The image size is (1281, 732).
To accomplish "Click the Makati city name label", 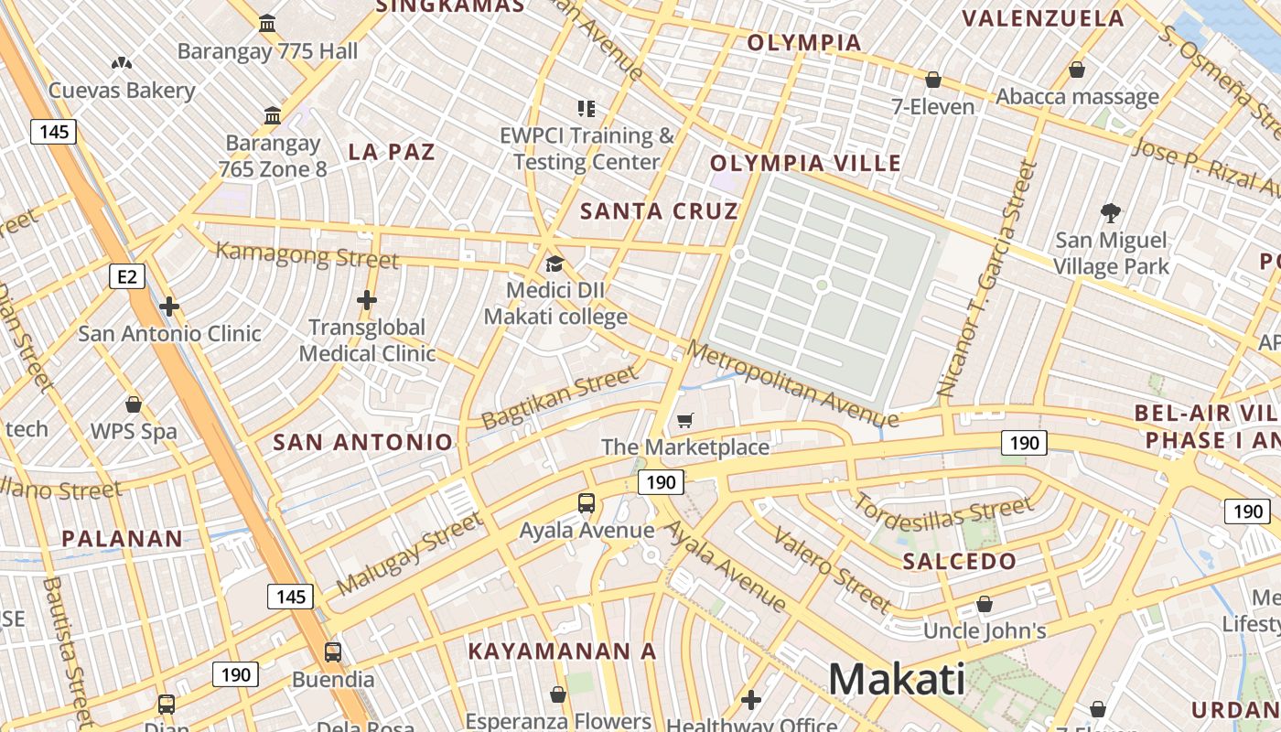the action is coord(897,679).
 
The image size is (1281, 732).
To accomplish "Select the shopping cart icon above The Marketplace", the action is coord(684,420).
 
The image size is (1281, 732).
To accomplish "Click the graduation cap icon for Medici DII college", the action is coord(554,264).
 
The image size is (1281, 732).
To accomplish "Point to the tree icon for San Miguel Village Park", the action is coord(1112,213).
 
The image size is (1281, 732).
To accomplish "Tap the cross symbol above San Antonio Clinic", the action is coord(169,307).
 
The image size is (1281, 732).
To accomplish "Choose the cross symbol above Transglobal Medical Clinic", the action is coord(367,299).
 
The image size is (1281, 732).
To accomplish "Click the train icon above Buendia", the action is coord(333,652).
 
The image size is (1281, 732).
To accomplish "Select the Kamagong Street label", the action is coord(307,254).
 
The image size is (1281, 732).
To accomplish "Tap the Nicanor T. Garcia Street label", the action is coord(988,279).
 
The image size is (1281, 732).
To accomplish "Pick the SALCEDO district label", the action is coord(959,561).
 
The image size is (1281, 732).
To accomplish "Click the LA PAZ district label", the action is coord(392,152).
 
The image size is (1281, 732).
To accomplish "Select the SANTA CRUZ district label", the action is coord(659,211).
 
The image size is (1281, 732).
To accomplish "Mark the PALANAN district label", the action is coord(122,538).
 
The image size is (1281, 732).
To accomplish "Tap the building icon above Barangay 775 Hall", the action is coord(267,23).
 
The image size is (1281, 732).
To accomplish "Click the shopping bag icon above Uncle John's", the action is coord(985,604).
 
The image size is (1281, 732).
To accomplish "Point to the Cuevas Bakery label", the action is coord(122,90).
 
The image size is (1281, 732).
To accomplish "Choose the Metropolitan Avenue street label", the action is coord(792,384).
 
